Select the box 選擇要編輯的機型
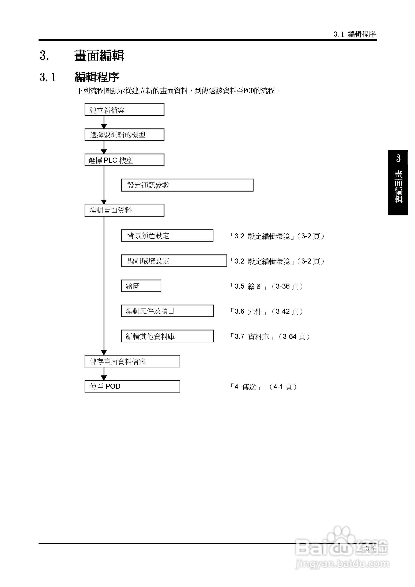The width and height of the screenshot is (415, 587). [x=124, y=135]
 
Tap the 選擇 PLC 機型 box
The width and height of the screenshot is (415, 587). [x=124, y=160]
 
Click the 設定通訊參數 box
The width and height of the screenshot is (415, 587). [x=187, y=185]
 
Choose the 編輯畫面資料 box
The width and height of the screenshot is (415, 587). [x=124, y=210]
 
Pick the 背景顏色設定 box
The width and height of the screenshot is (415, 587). [x=167, y=235]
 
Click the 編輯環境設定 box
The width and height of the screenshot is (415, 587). [x=174, y=261]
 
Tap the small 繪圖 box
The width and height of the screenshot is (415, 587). [x=141, y=286]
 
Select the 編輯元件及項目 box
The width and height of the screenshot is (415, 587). [x=167, y=311]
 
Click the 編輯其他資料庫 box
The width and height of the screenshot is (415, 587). [x=167, y=336]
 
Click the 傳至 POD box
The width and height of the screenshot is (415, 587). [x=132, y=386]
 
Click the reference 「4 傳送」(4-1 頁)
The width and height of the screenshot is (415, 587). [x=263, y=387]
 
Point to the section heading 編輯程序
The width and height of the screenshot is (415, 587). [x=97, y=77]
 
